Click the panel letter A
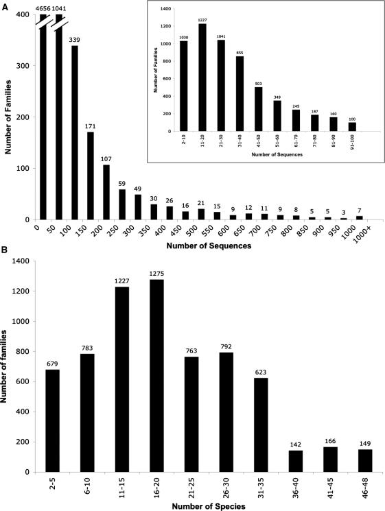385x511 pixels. (6, 5)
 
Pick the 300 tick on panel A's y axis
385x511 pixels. (28, 66)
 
